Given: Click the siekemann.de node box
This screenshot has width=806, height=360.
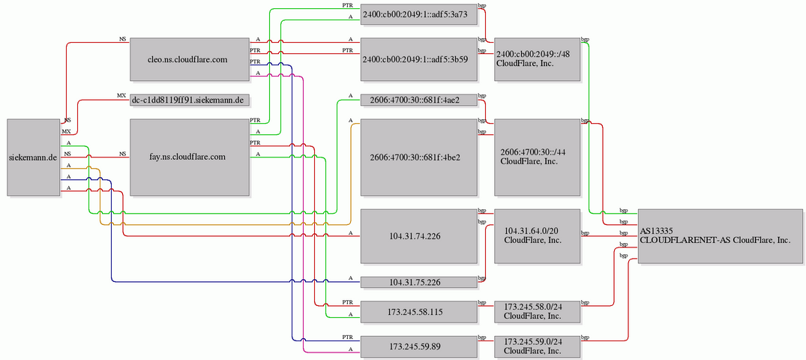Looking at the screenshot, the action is tap(34, 157).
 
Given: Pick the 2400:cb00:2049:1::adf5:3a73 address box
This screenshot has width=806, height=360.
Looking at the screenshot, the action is tap(419, 14).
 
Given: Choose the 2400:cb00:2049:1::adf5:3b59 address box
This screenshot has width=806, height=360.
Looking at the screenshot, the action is tap(419, 59).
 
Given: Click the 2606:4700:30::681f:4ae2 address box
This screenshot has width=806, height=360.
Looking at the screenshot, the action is tap(419, 100).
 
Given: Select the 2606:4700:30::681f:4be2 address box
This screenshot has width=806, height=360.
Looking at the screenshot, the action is tap(419, 157).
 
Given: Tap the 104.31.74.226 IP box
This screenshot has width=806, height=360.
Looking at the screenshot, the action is tap(419, 236).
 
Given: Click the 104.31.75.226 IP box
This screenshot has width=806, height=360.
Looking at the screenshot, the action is tap(419, 282).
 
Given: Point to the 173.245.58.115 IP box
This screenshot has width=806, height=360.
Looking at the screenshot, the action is tap(419, 312).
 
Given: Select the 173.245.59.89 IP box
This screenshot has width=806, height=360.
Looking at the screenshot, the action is tap(419, 346).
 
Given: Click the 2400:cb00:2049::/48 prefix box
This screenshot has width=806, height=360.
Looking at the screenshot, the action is tap(537, 59).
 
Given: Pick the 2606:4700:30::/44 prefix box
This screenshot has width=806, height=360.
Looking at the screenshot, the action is tap(537, 157).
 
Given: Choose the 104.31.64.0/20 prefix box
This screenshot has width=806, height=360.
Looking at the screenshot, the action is tap(537, 236).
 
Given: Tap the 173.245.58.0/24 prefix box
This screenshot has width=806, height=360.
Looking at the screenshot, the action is tap(537, 312).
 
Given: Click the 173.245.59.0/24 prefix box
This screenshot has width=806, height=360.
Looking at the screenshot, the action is tap(537, 346).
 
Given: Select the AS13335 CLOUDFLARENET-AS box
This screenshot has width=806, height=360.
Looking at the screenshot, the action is tap(721, 236).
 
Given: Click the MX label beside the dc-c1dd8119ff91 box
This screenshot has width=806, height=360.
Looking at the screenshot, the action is tap(121, 96).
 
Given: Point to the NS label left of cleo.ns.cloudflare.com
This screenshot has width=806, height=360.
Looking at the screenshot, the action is tap(123, 39).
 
